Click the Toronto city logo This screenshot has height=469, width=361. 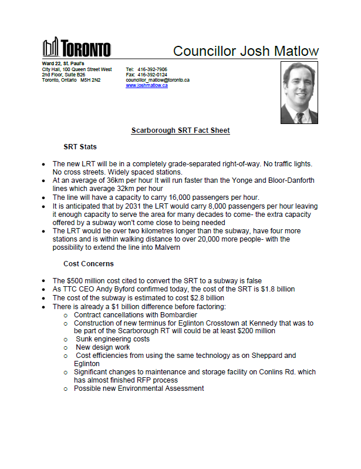76,48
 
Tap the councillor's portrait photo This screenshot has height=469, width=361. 300,92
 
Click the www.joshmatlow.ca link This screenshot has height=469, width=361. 147,85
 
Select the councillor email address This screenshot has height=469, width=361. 157,80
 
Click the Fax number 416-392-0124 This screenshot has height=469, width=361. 152,75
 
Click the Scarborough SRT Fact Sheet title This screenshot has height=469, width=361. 180,130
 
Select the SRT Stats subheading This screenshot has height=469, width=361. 80,146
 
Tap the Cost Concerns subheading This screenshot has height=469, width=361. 88,264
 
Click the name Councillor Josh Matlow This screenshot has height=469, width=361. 246,51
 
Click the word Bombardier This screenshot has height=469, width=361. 180,315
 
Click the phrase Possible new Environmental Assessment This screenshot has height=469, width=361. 139,388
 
